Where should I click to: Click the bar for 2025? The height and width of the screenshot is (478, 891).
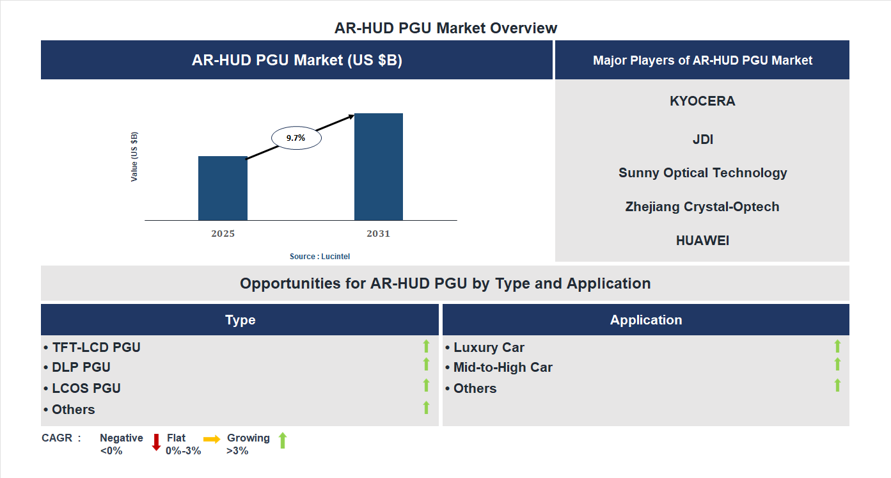coord(223,188)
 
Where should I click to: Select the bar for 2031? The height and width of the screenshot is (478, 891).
coord(379,167)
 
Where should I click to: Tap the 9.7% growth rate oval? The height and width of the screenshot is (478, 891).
coord(296,138)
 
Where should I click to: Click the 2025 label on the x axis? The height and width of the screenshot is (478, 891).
coord(223,234)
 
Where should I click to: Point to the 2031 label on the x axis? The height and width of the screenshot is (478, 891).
coord(378,234)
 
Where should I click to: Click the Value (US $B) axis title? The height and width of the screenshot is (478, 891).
coord(134,157)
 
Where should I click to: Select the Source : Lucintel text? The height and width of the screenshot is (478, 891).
coord(320,256)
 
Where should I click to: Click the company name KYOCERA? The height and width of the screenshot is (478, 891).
coord(702,101)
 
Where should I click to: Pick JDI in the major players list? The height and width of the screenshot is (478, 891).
coord(702,139)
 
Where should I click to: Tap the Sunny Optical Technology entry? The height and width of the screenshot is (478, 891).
coord(702,173)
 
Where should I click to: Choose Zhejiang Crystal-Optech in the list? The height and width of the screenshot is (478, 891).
coord(702,207)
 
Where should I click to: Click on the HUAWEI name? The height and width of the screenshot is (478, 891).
coord(702,241)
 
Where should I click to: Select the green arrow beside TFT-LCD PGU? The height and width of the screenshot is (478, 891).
coord(426,346)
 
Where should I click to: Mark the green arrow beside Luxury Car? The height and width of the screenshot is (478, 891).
coord(837,346)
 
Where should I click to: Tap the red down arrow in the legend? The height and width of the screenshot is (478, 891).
coord(156,442)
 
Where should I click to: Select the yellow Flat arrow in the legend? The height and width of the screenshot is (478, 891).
coord(212,439)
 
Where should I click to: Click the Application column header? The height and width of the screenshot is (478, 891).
coord(645,320)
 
